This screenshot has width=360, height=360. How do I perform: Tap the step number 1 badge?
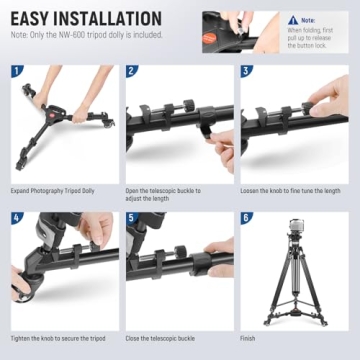point(15,71)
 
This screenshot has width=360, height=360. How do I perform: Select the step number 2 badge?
point(132,71)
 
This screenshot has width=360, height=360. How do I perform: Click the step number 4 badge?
point(15,216)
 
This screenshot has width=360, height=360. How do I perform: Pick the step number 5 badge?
point(132,216)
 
